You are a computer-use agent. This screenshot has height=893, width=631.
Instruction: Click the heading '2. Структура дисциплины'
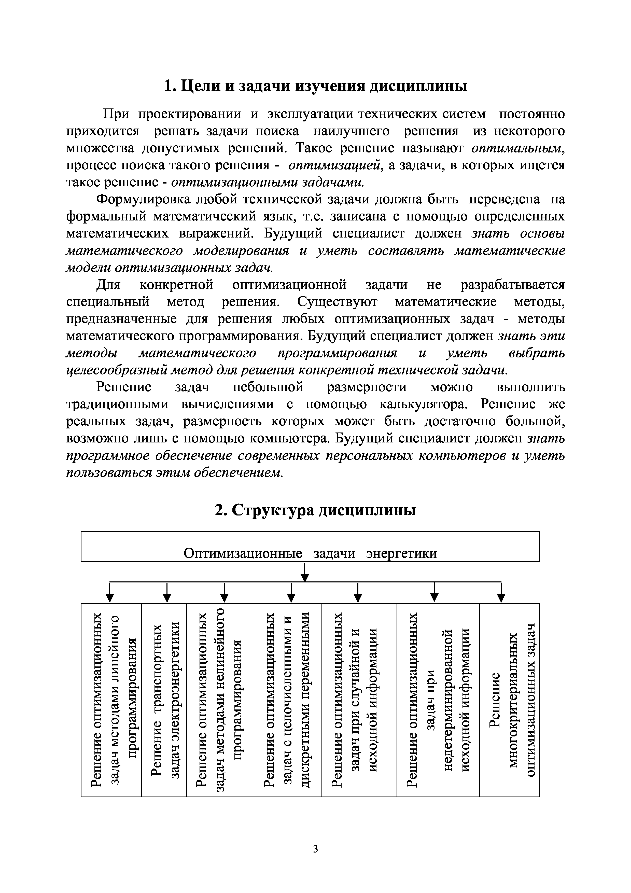point(315,510)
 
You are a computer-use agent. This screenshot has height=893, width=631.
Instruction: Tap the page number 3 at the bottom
point(315,849)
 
